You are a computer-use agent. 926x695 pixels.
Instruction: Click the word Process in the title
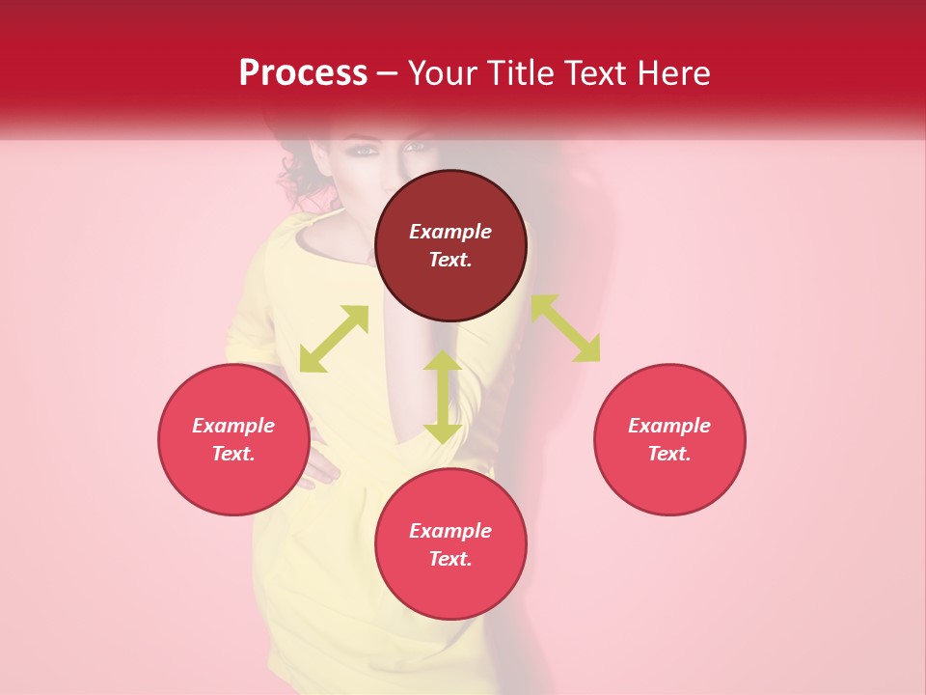[x=303, y=72]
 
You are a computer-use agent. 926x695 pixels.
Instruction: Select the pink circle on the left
[x=233, y=439]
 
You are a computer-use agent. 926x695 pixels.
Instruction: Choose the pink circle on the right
[x=669, y=439]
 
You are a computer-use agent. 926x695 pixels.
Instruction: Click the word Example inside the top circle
[x=450, y=232]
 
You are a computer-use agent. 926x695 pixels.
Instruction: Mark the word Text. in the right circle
[x=669, y=454]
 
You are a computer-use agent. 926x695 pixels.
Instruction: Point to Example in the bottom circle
[x=450, y=531]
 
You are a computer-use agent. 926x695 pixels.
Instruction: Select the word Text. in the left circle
[x=233, y=454]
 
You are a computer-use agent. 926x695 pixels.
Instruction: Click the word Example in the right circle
[x=669, y=426]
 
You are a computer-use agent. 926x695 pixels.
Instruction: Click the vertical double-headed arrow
[x=443, y=397]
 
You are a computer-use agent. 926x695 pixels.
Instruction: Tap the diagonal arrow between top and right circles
[x=565, y=328]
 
